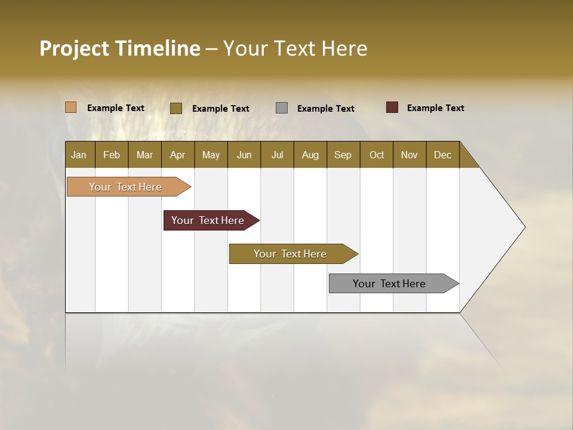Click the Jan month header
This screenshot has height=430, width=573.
[x=79, y=155]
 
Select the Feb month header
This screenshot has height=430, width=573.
[x=112, y=155]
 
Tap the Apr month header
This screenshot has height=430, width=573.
[x=178, y=155]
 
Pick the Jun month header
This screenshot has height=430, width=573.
[x=244, y=155]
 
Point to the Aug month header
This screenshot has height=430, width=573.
[x=310, y=155]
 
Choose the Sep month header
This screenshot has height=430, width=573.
[x=343, y=155]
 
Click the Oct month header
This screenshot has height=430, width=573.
[x=377, y=155]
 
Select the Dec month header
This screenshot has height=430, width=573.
[x=443, y=155]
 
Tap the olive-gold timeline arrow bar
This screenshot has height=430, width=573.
[x=291, y=254]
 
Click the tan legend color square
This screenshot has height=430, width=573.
[x=71, y=107]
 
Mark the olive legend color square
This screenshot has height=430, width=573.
[x=176, y=108]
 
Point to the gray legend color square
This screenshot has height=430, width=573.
[x=282, y=108]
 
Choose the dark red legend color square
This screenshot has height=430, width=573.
[x=392, y=107]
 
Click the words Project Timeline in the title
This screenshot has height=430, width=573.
[x=120, y=48]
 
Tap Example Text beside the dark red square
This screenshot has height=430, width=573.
[x=435, y=108]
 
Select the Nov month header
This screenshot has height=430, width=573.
[x=409, y=155]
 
